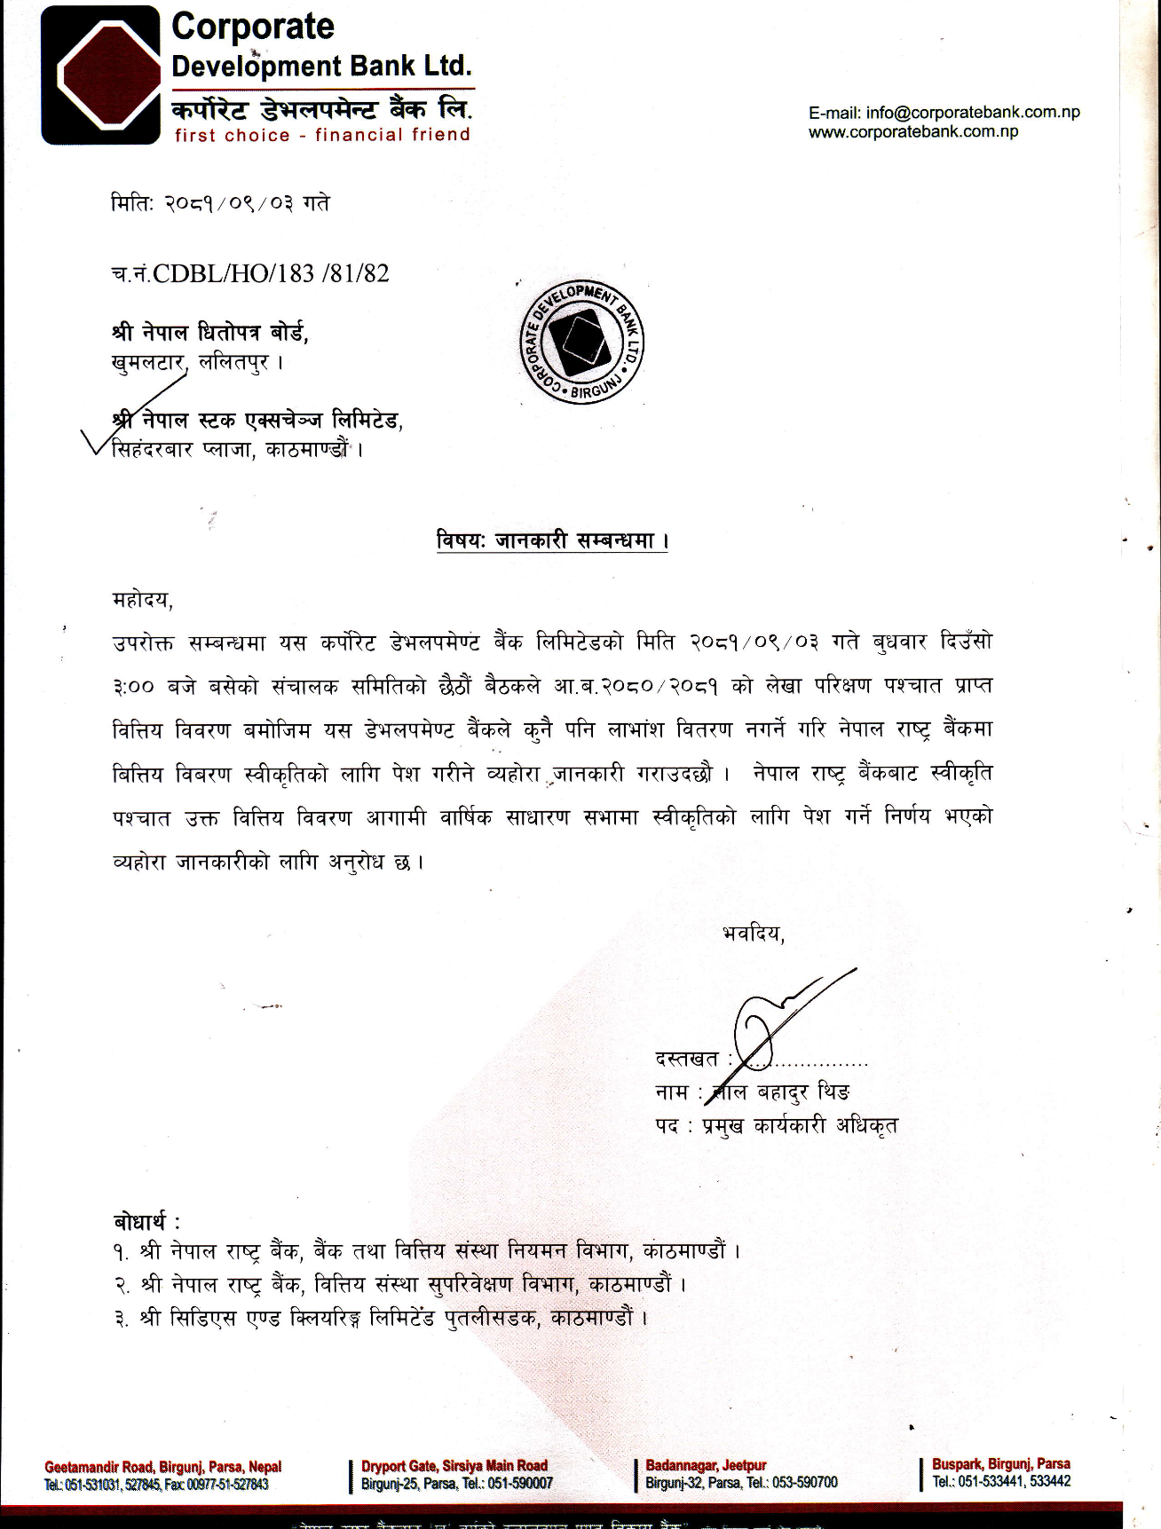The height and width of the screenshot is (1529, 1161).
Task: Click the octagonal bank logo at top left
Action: pos(100,75)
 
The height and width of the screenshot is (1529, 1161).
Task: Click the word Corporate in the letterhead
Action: pos(253,27)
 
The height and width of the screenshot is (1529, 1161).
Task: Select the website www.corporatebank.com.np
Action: pos(913,132)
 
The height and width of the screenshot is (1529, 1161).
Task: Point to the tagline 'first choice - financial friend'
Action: pos(322,135)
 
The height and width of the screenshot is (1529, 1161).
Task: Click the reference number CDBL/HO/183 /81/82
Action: pos(271,273)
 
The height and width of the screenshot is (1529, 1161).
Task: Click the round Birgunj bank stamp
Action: pos(581,343)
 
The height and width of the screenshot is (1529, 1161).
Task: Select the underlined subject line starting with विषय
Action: pos(551,540)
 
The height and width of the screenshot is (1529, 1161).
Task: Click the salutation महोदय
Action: pos(142,601)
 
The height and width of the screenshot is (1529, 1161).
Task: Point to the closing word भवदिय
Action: pos(753,934)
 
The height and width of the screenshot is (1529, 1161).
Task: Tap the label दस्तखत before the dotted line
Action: pos(686,1059)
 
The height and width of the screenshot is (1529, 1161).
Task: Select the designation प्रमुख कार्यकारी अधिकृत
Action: pos(800,1126)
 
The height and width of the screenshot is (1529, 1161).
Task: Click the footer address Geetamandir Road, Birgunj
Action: pos(162,1467)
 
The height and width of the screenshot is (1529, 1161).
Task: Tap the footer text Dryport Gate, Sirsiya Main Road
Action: pos(454,1465)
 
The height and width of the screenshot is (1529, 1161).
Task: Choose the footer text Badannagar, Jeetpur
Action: pos(706,1465)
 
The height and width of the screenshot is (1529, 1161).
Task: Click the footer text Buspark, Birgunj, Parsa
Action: pos(1000,1463)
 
